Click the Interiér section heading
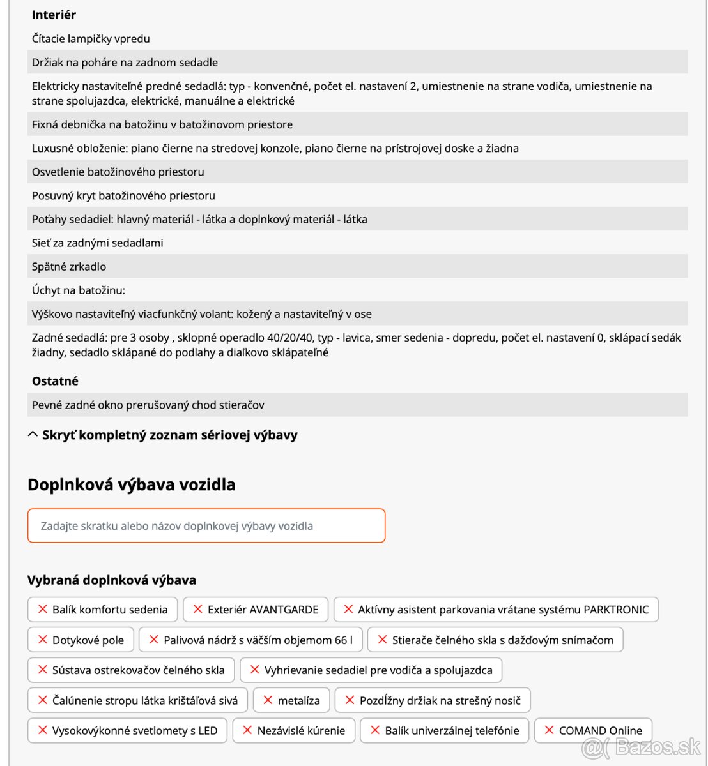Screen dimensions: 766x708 click(x=54, y=15)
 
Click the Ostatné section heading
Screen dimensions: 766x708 click(x=55, y=381)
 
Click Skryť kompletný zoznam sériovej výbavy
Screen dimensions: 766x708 click(x=169, y=435)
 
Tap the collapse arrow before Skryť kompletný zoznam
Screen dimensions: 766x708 click(x=33, y=435)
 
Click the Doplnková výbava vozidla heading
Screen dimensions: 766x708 click(x=131, y=484)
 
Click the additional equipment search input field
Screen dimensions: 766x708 click(x=206, y=526)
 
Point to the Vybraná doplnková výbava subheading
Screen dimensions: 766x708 click(x=111, y=580)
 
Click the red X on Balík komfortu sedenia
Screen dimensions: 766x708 click(x=43, y=609)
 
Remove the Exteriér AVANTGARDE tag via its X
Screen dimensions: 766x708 click(x=198, y=609)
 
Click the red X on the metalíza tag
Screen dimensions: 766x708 click(x=268, y=700)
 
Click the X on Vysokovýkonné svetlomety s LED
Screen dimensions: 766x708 click(x=43, y=730)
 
